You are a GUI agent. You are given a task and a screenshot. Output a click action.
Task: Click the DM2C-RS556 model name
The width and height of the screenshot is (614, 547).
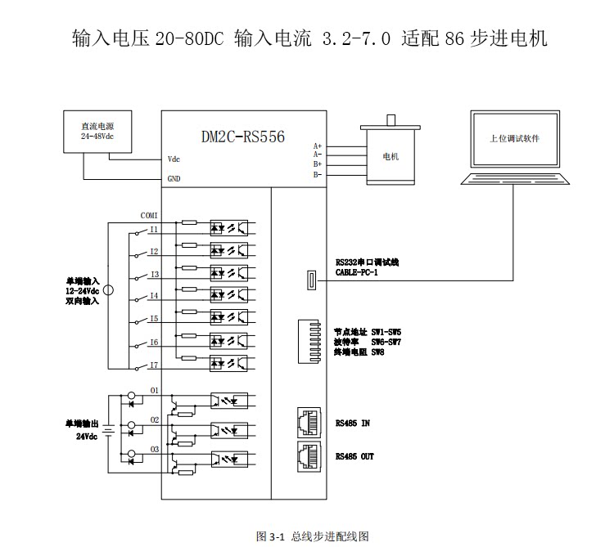coord(243,137)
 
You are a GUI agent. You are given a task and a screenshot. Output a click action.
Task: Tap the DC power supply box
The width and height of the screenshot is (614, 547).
coord(97,132)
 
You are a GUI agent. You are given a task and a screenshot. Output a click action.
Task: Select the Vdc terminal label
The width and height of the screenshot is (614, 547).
coord(174,159)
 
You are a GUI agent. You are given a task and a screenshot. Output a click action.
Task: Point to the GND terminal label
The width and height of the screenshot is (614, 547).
coord(174,179)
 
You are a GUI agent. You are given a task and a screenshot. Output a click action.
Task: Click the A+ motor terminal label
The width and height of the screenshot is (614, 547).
coord(317,146)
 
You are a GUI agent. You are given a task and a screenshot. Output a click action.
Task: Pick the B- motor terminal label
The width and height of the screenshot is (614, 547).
coord(317,174)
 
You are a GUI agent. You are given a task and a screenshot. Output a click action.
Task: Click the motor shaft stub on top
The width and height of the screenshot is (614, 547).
coord(391,120)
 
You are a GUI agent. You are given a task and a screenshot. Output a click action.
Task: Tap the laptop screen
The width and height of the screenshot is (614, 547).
coord(515,139)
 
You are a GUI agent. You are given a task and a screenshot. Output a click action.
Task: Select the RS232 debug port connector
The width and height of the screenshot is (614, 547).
coord(311,280)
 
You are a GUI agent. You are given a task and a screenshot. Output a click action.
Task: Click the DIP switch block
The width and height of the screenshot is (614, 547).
coord(309,342)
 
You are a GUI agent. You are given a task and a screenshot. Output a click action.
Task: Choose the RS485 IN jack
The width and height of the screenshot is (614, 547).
coord(309,423)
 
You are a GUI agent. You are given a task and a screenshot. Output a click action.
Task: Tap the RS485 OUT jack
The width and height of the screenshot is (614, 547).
coord(309,456)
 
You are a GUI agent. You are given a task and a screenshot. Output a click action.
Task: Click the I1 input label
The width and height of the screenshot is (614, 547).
coord(154,229)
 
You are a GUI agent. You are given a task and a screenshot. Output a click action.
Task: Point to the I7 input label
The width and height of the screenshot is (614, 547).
coord(154,365)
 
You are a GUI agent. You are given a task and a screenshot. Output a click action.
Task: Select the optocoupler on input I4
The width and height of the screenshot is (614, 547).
coord(229,295)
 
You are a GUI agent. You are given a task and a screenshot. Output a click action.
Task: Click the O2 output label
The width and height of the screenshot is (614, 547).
coord(155,420)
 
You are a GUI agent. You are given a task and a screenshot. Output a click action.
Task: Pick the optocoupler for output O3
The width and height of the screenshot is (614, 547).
coord(229,459)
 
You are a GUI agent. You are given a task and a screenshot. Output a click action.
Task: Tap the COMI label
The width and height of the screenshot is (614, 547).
coord(149,215)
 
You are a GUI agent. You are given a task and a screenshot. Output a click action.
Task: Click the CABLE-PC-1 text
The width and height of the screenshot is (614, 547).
coord(357,272)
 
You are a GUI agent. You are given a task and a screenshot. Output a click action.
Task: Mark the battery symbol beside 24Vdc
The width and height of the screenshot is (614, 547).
coord(109,431)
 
